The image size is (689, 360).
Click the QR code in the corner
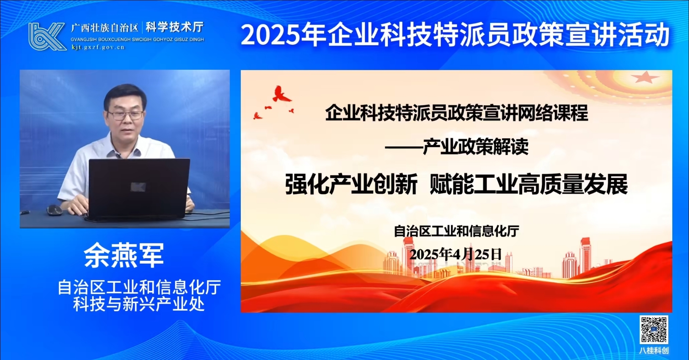tap(654, 330)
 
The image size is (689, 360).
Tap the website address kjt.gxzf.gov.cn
tap(98, 47)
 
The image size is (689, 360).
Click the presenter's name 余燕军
tap(124, 255)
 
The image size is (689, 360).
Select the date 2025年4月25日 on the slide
tap(456, 254)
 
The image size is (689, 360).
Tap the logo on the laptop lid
tap(138, 186)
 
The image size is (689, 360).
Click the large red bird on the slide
tap(282, 94)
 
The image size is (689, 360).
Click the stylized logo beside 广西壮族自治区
tap(47, 36)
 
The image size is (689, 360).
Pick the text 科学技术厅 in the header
tap(175, 27)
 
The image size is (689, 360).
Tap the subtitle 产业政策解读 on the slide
tap(476, 147)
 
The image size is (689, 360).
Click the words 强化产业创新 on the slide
tap(351, 184)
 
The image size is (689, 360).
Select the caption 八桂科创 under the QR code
tap(654, 351)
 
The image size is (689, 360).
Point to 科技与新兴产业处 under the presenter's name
tap(139, 304)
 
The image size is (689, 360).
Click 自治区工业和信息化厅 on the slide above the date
tap(457, 231)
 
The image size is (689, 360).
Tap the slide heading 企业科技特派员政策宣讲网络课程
tap(457, 113)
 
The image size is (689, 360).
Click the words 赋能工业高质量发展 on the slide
tap(529, 184)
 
